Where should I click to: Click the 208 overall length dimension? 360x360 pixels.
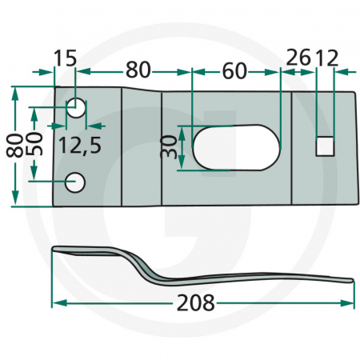[195, 302]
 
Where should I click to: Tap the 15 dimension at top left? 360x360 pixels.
[65, 58]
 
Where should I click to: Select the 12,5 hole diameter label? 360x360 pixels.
[80, 146]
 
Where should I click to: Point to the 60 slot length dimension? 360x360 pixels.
[234, 71]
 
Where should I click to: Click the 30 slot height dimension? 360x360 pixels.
[169, 146]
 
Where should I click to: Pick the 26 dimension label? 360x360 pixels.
[298, 57]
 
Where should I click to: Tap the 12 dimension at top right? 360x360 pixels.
[326, 58]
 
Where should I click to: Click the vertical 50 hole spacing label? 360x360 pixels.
[34, 144]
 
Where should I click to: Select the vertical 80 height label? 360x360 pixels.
[14, 145]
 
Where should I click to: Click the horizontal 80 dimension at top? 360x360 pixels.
[138, 70]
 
